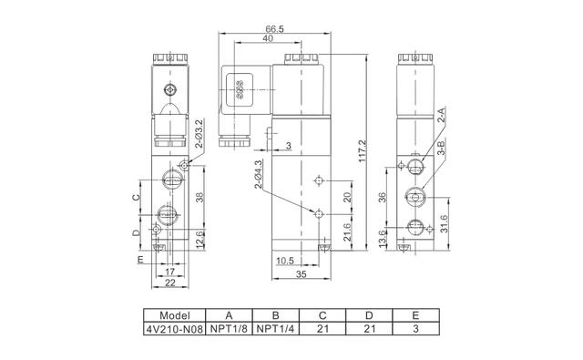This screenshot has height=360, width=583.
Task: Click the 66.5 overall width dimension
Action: coord(275,28)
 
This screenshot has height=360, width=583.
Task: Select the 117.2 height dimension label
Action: coord(363,150)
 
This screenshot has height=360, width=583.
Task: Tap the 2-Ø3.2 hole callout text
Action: coord(199,134)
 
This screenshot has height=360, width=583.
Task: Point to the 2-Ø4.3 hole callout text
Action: coord(258,174)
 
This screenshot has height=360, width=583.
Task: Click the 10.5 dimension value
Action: coord(285,261)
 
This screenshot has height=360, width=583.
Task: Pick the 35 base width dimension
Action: coord(302,274)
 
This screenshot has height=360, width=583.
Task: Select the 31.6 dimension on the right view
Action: coord(444,223)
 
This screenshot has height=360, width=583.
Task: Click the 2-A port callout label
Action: coord(441,115)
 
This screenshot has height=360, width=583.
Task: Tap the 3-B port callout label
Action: coord(441,148)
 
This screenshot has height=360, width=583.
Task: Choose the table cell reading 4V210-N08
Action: coord(174,329)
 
